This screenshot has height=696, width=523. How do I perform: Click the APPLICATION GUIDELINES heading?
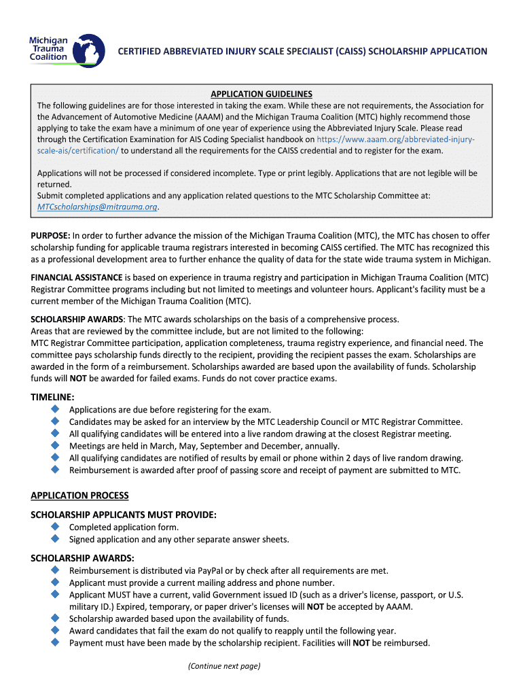261,94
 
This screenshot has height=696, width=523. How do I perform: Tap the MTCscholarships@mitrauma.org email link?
97,207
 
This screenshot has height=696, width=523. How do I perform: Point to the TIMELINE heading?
52,396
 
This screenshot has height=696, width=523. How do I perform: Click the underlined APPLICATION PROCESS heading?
79,495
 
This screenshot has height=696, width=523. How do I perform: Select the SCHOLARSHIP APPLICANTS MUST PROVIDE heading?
123,515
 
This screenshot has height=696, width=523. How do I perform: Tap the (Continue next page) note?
224,666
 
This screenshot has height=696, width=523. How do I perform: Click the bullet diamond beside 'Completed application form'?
55,527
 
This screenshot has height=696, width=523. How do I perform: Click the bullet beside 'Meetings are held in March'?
55,446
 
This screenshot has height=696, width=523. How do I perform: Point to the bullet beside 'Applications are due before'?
55,409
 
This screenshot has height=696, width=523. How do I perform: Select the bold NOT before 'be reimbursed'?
361,643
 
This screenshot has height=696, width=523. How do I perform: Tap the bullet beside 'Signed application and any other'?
55,539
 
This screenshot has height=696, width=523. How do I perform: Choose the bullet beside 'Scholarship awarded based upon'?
55,619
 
